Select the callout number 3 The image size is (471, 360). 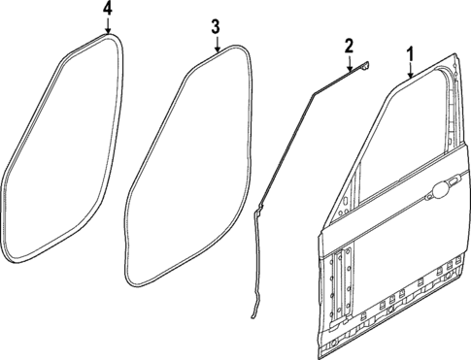(x=216, y=26)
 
